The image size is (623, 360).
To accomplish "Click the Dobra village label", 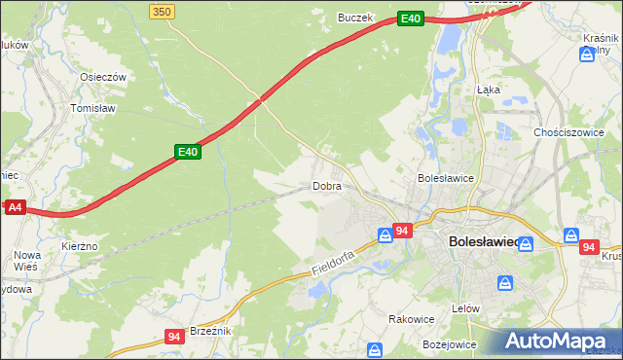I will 326,185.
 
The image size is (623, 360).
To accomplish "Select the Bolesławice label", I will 445,178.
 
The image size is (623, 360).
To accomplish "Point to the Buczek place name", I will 355,17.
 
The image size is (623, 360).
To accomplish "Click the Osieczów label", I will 104,77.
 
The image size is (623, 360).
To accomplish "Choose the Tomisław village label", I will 94,109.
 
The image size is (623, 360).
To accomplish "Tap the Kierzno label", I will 79,246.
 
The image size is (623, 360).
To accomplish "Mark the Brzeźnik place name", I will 209,331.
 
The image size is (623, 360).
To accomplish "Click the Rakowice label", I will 411,318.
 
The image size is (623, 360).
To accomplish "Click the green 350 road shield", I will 163,11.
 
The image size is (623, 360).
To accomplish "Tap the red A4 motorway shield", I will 14,207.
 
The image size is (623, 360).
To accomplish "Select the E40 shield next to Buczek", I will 411,18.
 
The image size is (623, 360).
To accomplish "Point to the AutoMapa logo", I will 560,341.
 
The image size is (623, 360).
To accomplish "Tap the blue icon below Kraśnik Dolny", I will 587,55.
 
